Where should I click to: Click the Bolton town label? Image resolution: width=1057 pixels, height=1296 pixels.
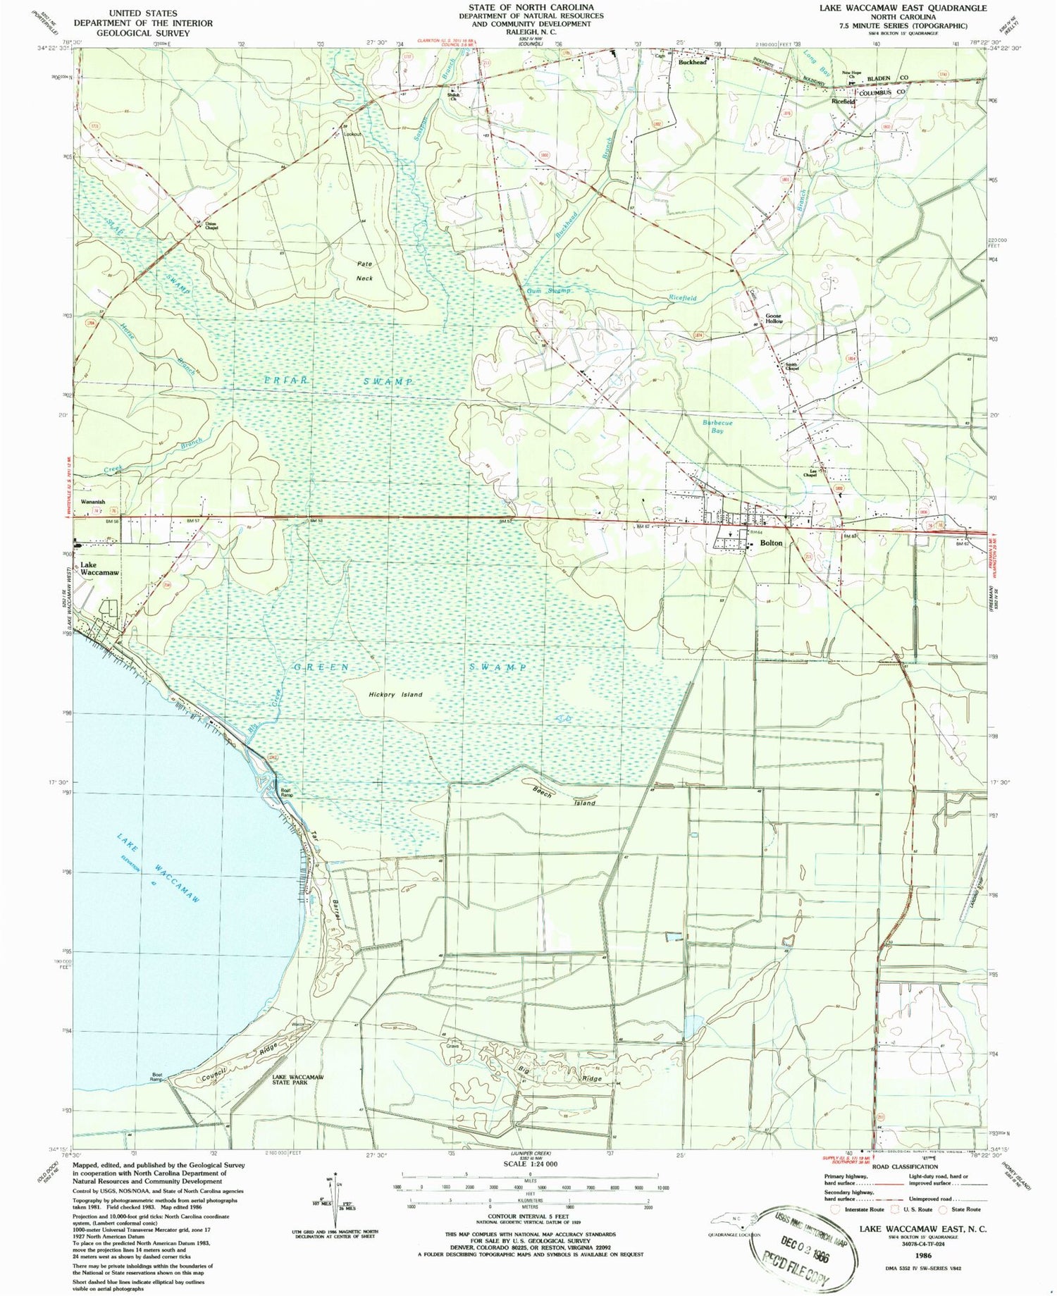point(771,543)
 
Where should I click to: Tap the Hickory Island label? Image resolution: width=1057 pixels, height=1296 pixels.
point(395,694)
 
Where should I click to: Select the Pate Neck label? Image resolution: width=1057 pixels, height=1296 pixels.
point(364,271)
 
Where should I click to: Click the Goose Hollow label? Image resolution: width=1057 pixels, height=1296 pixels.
point(774,319)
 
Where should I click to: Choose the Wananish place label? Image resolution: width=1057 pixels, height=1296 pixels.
point(93,502)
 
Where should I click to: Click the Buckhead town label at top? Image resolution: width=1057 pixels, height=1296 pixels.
point(692,62)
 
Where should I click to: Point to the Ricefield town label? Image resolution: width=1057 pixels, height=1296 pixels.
point(843,101)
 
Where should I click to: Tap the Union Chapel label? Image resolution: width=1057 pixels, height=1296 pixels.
point(211,227)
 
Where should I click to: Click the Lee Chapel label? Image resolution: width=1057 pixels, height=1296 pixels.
point(810,473)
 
